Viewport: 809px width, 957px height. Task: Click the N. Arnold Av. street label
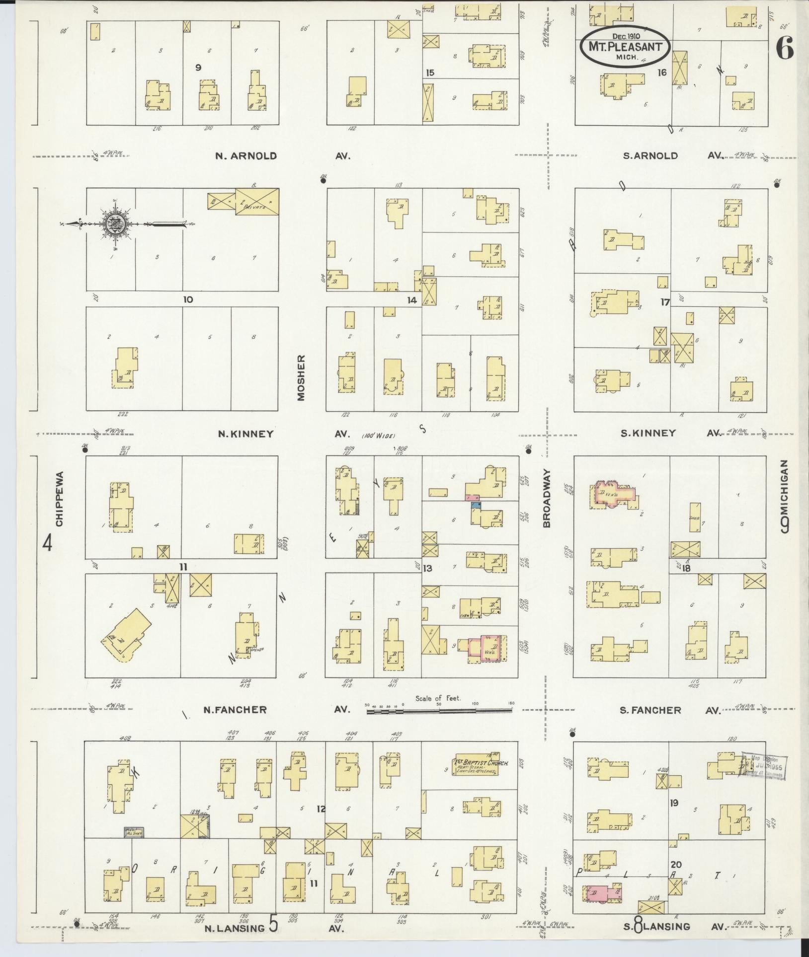click(x=282, y=156)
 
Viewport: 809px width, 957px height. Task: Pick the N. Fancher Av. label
click(x=276, y=710)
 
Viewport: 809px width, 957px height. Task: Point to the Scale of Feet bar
click(x=440, y=711)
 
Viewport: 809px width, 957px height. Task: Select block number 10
click(x=187, y=299)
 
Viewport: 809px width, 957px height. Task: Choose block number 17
click(x=665, y=301)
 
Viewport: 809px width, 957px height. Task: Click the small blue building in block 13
click(x=476, y=505)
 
